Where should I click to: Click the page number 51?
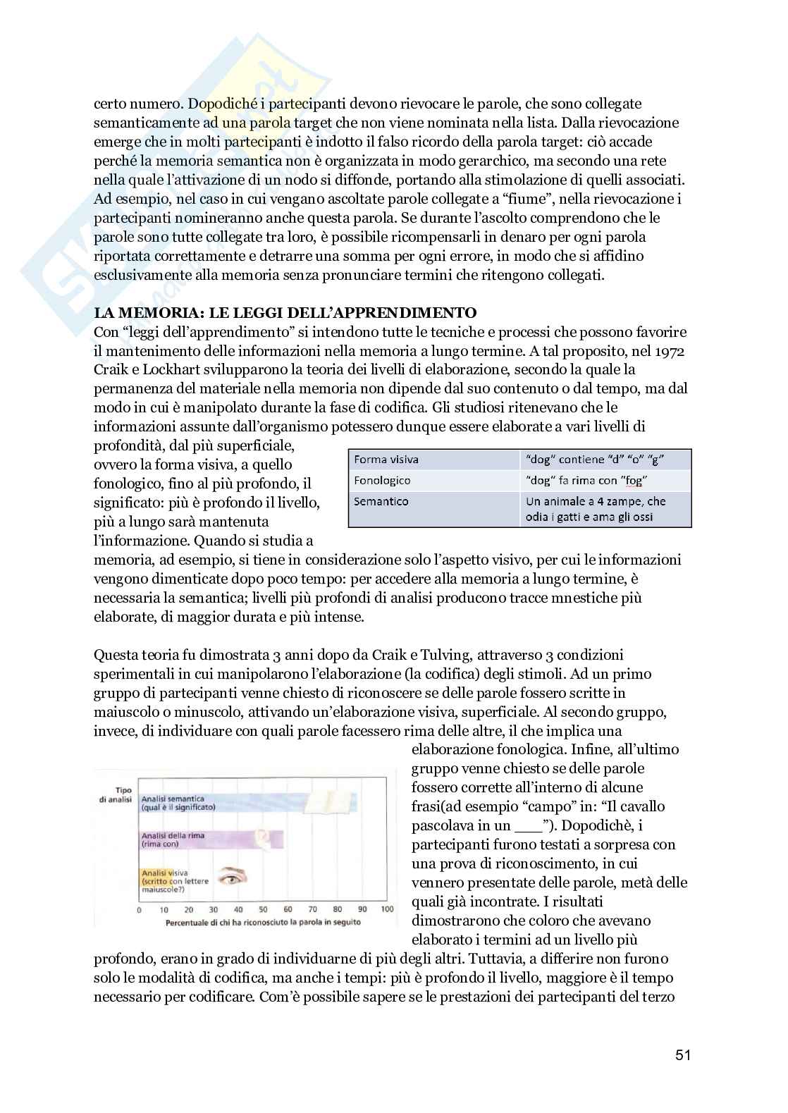click(x=683, y=1054)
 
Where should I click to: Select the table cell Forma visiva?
click(x=386, y=460)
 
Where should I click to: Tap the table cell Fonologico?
click(x=382, y=481)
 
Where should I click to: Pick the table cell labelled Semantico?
click(x=381, y=502)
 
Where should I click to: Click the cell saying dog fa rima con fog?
click(x=586, y=481)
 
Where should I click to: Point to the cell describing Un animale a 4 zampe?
click(x=596, y=509)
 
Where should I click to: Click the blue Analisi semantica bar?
click(x=211, y=803)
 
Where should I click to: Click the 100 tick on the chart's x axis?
click(x=387, y=909)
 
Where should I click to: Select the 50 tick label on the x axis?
click(x=262, y=909)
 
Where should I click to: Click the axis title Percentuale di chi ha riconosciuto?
click(x=263, y=921)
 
